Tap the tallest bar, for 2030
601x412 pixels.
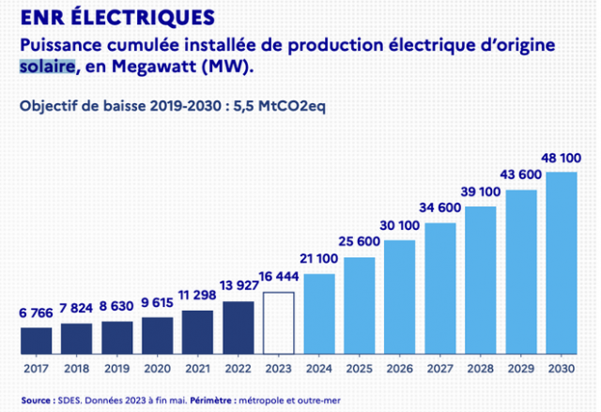[561, 263]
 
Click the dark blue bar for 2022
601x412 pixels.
[239, 328]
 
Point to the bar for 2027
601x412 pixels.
[439, 288]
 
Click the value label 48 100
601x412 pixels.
[561, 159]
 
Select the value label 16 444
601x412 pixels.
[280, 279]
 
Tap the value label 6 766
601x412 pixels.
[36, 313]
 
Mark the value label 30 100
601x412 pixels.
[399, 226]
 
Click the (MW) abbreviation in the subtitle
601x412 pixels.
[227, 68]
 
